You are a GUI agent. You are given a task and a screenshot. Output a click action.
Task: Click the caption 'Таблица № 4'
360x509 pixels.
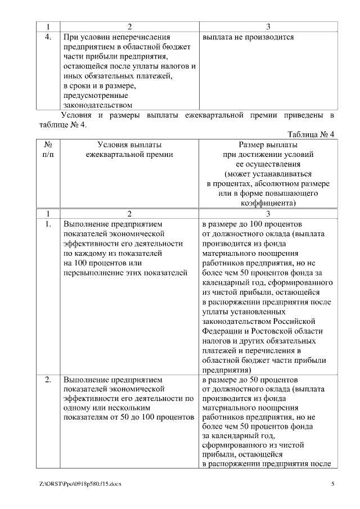[x=311, y=134]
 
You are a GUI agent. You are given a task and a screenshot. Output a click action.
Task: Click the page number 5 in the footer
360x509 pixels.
[x=333, y=484]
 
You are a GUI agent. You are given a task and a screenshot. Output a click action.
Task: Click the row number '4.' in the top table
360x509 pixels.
[x=48, y=38]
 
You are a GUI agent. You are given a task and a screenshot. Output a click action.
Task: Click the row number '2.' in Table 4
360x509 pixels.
[x=48, y=380]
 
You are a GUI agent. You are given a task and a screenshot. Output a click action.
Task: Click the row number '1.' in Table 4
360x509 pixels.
[x=48, y=223]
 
